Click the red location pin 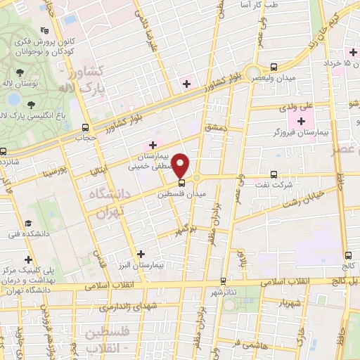tap(182, 166)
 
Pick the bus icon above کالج tap(348, 255)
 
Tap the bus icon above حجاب tap(85, 127)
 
